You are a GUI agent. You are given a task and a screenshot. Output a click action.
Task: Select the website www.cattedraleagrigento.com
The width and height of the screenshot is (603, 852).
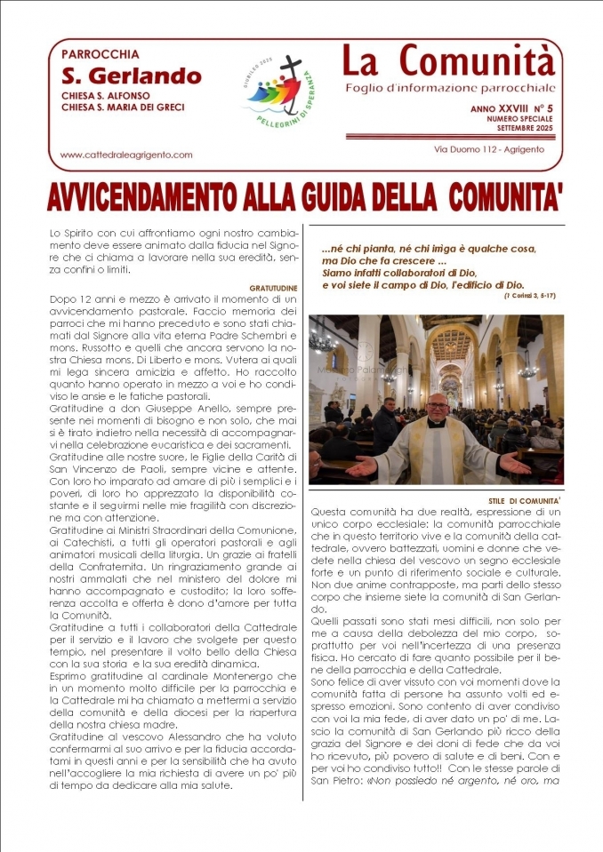pos(126,155)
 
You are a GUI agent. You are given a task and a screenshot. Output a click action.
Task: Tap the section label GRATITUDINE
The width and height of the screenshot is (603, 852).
pos(273,289)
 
